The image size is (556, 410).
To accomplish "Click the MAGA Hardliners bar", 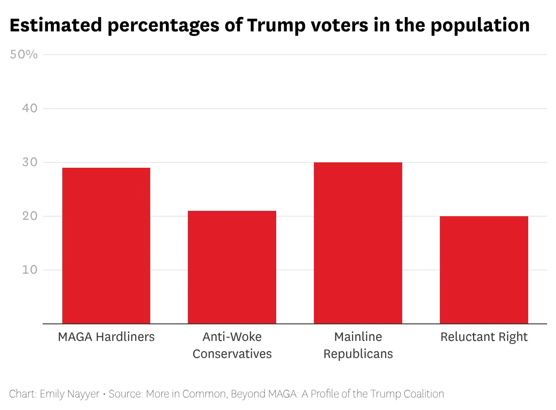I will tap(106, 245).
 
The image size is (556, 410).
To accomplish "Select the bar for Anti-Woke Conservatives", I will tap(232, 267).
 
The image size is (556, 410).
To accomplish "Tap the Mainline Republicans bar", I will tap(358, 243).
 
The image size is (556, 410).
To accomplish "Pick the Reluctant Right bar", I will tap(484, 270).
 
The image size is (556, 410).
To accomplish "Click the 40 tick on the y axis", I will tap(30, 109).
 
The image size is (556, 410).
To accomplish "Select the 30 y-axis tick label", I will tap(30, 162).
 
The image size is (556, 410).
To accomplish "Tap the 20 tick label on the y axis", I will tap(30, 216).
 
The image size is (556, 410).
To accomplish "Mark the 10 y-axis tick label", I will tap(30, 270).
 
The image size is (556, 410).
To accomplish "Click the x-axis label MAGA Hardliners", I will tap(106, 337).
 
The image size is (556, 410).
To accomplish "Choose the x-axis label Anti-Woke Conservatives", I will tap(232, 345).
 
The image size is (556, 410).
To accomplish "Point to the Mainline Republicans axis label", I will tap(358, 345).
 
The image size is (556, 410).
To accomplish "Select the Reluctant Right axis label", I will tap(484, 337).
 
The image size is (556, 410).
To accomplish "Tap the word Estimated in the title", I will tap(55, 26).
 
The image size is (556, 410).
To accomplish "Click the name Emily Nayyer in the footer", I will tap(69, 394).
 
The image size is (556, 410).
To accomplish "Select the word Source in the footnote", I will tap(124, 394).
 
